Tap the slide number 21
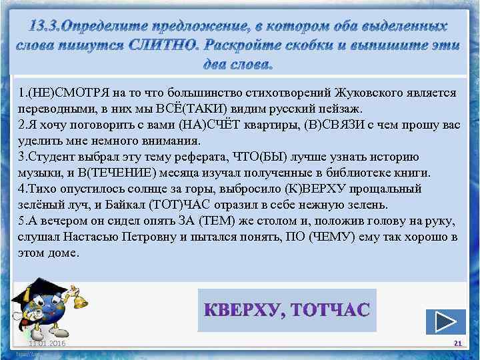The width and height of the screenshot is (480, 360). click(457, 343)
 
